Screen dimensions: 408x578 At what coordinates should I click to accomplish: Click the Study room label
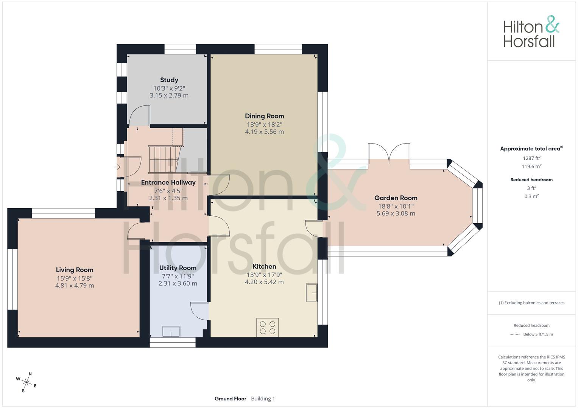click(169, 80)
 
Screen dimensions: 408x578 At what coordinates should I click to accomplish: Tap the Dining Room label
click(264, 116)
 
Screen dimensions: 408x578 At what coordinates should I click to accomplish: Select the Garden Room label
click(396, 198)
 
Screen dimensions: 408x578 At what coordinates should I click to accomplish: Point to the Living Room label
click(75, 270)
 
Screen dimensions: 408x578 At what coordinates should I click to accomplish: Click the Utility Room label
click(178, 268)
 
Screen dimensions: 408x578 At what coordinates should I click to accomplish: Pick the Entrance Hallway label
click(168, 182)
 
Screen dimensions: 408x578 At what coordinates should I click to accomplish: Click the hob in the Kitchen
click(268, 327)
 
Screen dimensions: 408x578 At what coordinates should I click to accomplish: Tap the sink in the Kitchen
click(312, 293)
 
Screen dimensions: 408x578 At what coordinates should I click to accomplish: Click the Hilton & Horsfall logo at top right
click(531, 32)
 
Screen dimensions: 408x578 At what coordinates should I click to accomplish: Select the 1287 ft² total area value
click(531, 158)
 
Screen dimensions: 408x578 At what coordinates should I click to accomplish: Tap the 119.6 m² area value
click(531, 167)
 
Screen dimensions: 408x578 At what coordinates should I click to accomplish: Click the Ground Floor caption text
click(230, 399)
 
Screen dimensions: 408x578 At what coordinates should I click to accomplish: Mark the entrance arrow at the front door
click(117, 167)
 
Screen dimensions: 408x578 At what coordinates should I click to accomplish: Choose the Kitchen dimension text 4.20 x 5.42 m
click(264, 282)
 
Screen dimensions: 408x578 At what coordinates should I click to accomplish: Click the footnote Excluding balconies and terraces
click(531, 303)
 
